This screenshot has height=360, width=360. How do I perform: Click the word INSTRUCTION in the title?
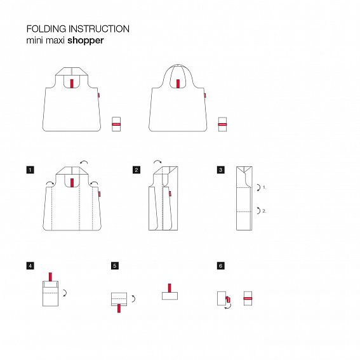pos(100,29)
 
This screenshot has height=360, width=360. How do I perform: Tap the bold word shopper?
pos(86,39)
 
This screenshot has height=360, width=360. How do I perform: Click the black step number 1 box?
pos(30,170)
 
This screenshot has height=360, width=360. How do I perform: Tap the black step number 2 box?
pos(136,170)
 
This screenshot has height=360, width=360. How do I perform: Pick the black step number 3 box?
pos(220,170)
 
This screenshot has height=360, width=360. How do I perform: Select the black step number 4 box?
pos(30,266)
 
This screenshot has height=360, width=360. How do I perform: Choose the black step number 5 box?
pos(114,266)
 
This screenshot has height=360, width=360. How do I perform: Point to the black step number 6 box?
pos(220,266)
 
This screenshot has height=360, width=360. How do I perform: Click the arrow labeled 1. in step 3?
pos(258,188)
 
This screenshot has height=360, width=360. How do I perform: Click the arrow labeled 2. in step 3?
pos(258,210)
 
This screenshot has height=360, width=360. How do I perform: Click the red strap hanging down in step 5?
pos(119,309)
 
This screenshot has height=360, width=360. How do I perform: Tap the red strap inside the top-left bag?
pos(73,83)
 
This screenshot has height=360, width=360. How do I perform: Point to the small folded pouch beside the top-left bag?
pos(116,124)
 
